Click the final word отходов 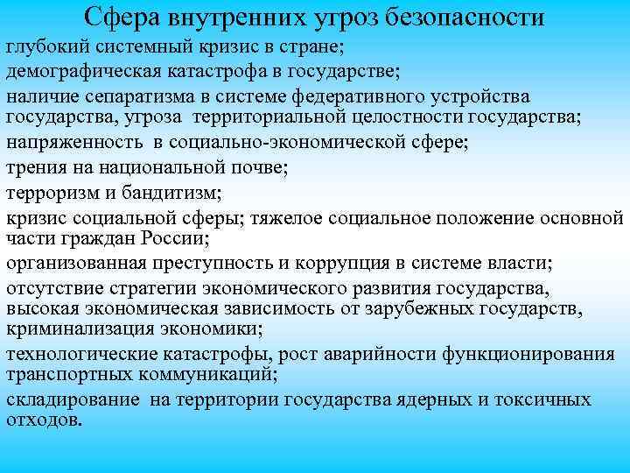click(x=44, y=420)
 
